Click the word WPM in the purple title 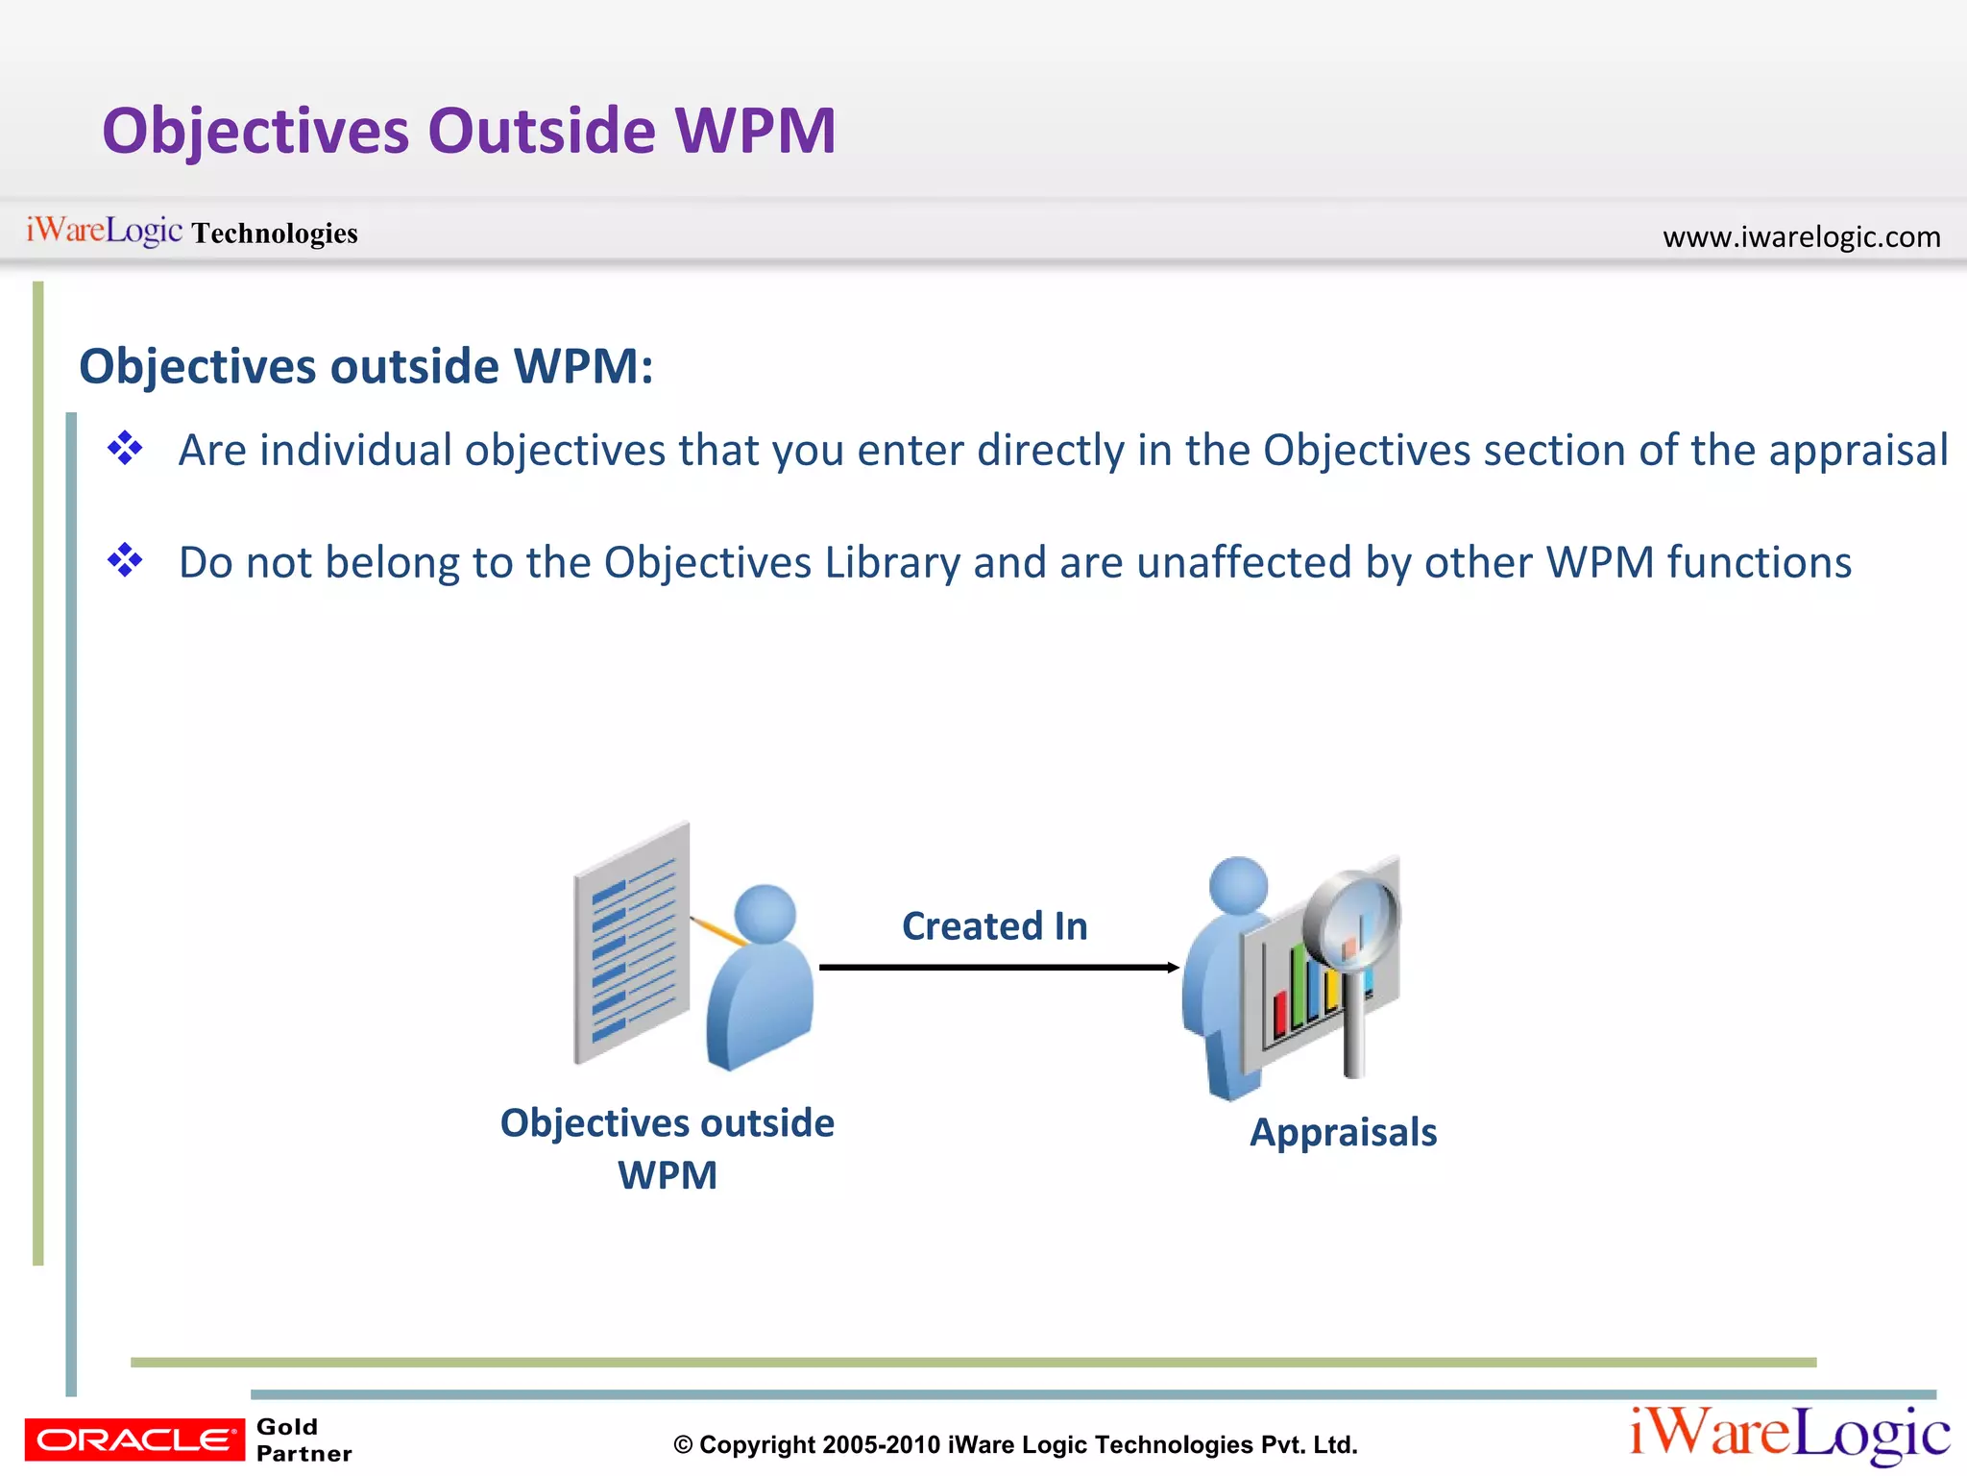[x=755, y=131]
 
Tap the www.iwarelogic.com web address [x=1801, y=236]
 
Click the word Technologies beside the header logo [x=274, y=234]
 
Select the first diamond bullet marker [x=125, y=448]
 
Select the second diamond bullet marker [x=125, y=559]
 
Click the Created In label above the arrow [x=994, y=926]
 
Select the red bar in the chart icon [x=1280, y=1014]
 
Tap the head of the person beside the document [x=765, y=913]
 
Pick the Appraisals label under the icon [x=1343, y=1133]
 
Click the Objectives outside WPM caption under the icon [x=668, y=1148]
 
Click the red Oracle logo [x=134, y=1439]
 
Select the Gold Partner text [x=304, y=1439]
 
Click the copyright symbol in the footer [x=683, y=1445]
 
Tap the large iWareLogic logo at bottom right [x=1789, y=1435]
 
